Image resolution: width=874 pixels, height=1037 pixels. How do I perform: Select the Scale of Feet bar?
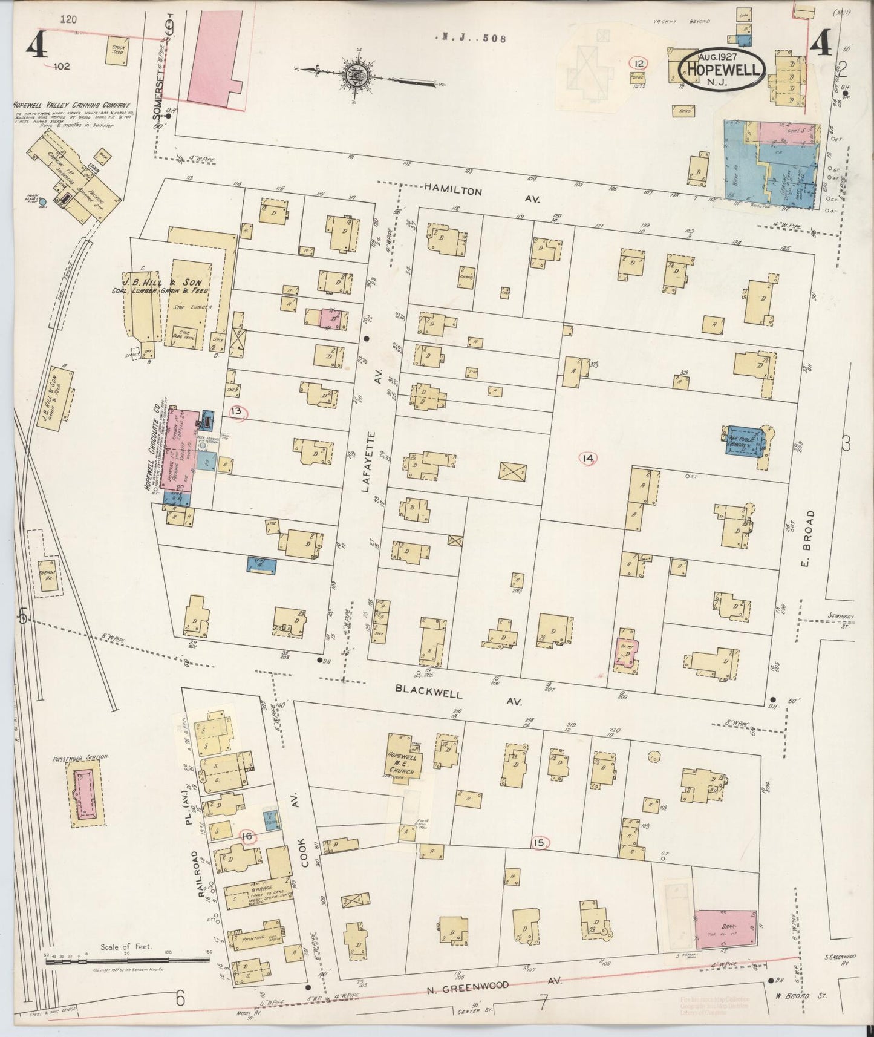pyautogui.click(x=127, y=959)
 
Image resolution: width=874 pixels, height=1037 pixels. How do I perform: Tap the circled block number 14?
pyautogui.click(x=587, y=459)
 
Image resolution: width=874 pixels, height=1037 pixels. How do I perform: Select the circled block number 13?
pyautogui.click(x=236, y=412)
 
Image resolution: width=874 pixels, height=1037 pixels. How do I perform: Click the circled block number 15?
pyautogui.click(x=540, y=843)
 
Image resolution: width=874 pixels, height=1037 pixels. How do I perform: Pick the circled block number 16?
pyautogui.click(x=247, y=837)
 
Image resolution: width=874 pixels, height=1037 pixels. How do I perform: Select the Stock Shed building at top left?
pyautogui.click(x=114, y=51)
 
